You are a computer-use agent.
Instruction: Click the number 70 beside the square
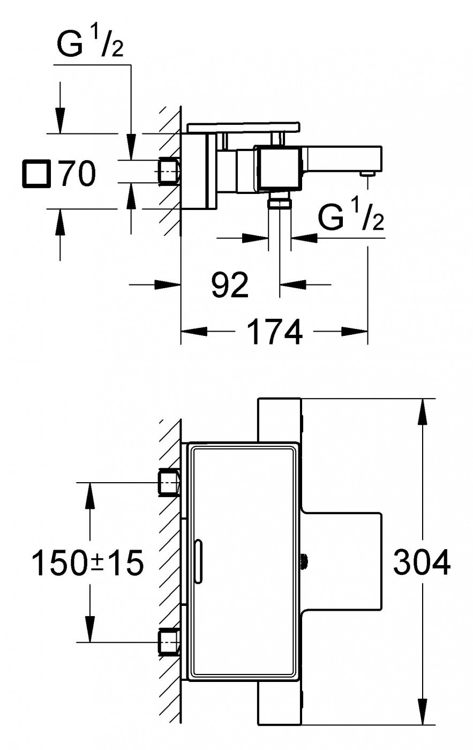(78, 174)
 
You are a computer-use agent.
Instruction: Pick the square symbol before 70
(36, 174)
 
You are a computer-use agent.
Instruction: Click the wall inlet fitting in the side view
(169, 171)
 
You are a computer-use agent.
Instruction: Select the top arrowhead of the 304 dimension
(423, 411)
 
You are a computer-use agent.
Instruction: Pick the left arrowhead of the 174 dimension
(194, 332)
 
